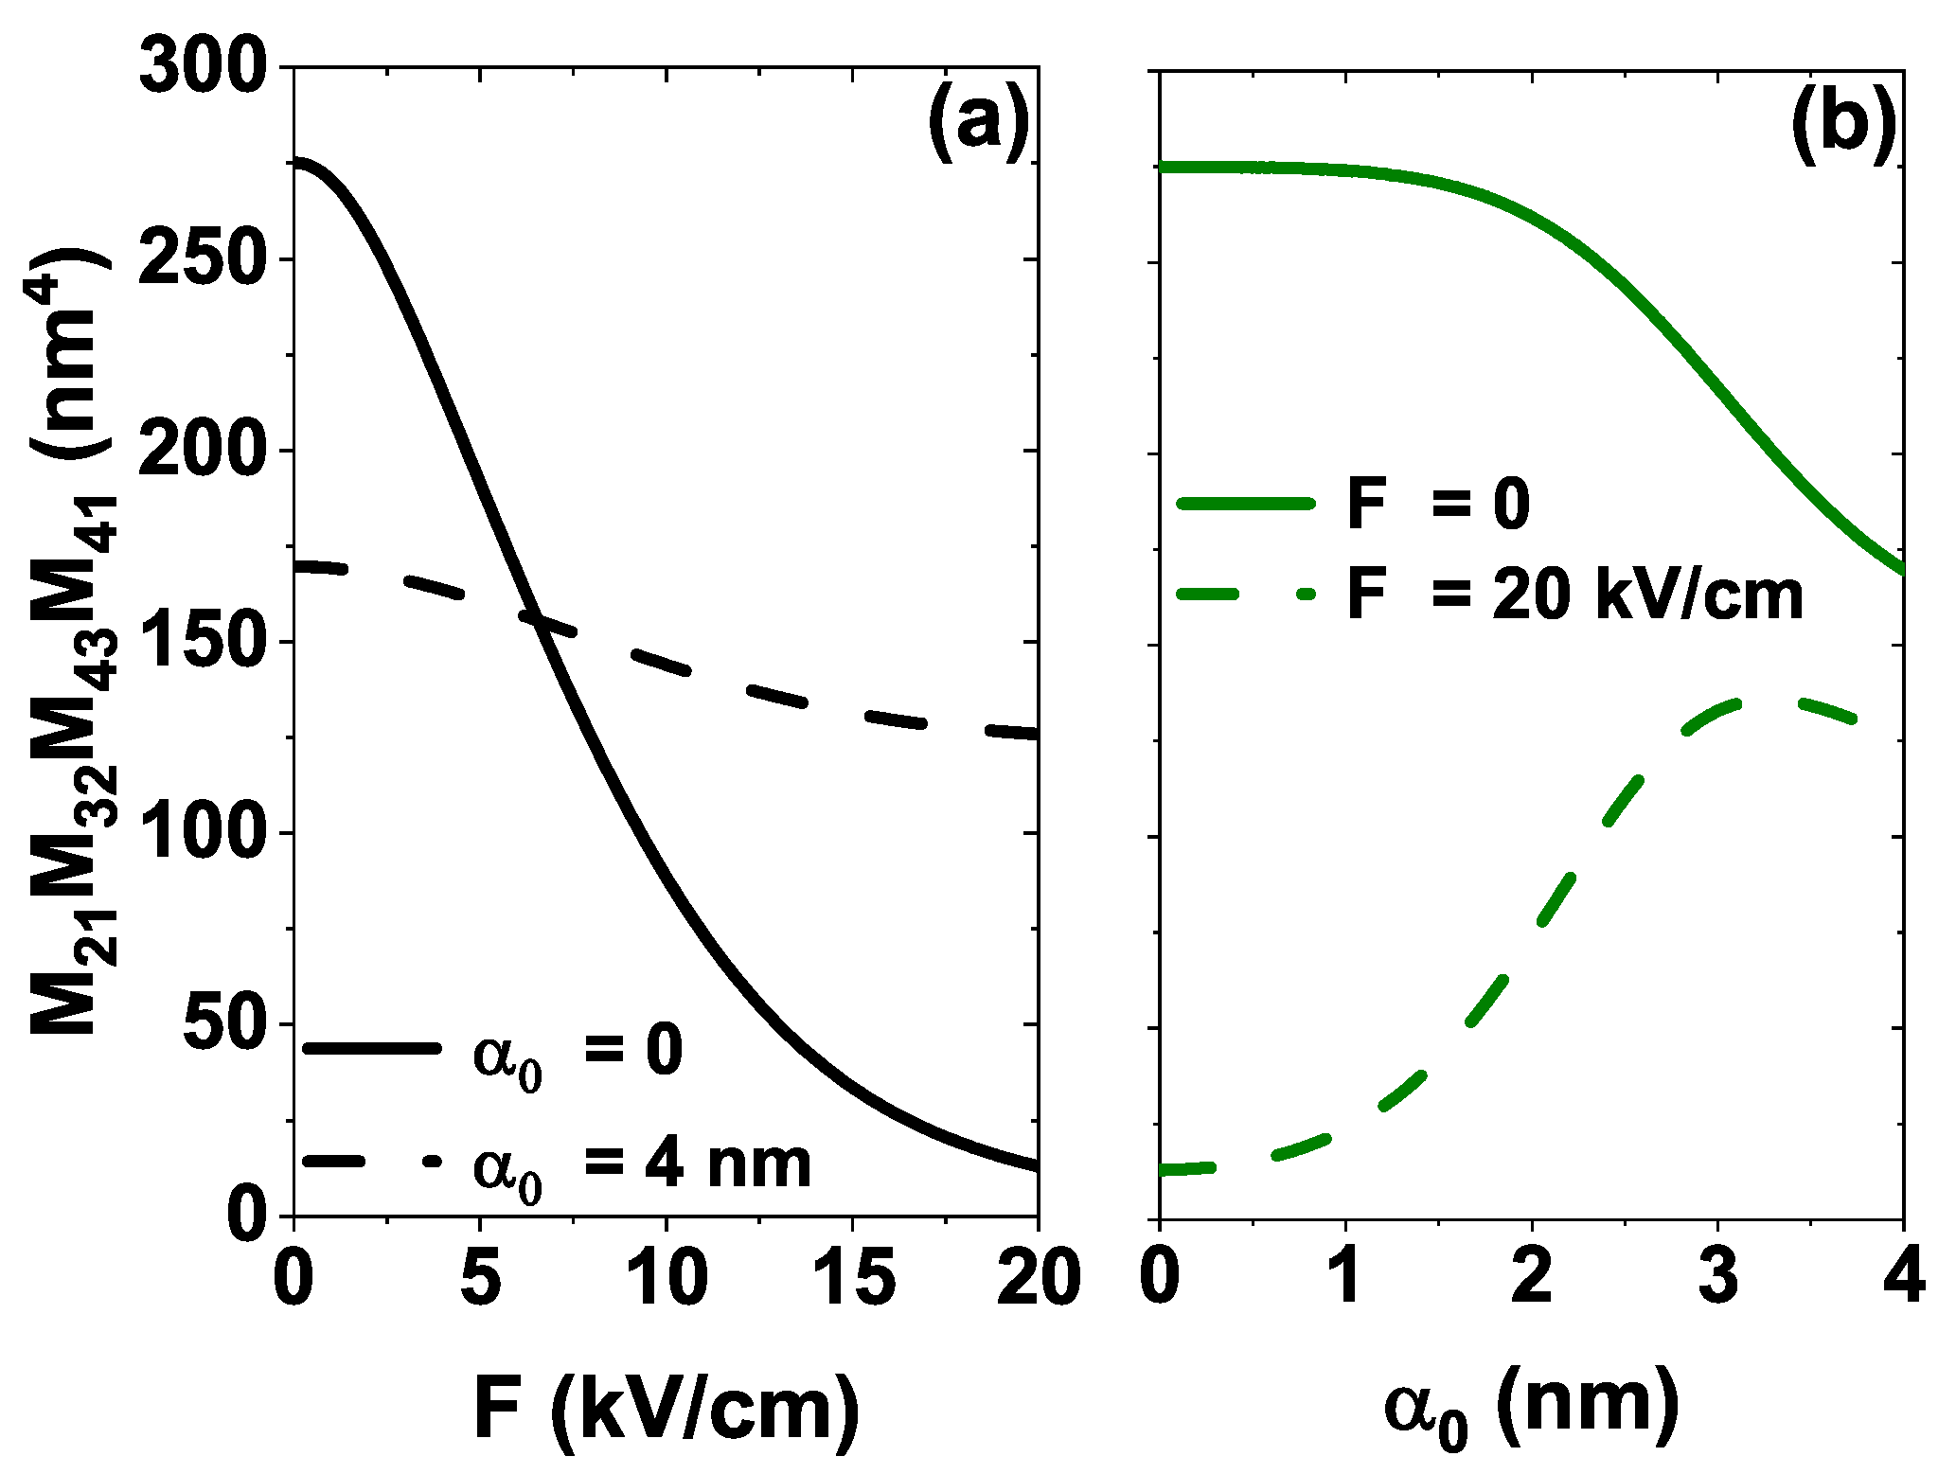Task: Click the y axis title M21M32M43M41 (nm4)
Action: pyautogui.click(x=74, y=644)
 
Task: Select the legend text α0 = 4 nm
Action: pyautogui.click(x=642, y=1166)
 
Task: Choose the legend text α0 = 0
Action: pyautogui.click(x=578, y=1053)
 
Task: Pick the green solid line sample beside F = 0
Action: pyautogui.click(x=1246, y=505)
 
